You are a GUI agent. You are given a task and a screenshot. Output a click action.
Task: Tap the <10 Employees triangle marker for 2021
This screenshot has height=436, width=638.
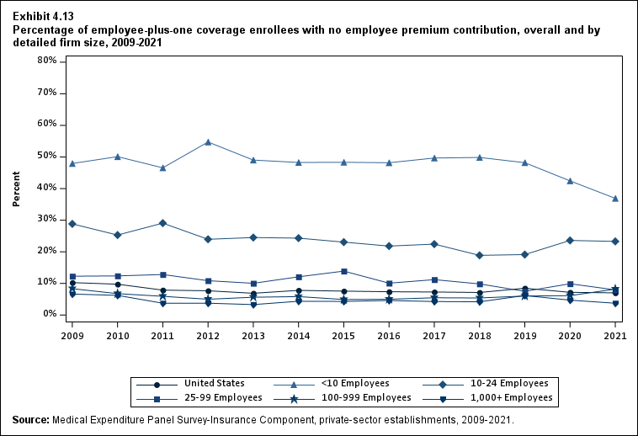615,199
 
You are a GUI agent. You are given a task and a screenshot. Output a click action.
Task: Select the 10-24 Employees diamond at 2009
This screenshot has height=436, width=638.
72,224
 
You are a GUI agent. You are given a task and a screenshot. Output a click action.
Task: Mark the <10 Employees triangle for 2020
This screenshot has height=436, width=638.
571,181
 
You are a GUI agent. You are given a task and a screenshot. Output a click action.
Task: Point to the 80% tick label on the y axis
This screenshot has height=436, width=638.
46,61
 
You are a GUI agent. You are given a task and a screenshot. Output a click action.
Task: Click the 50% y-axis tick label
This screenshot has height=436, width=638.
46,156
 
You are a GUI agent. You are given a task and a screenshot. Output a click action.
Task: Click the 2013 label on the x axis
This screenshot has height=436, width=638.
253,336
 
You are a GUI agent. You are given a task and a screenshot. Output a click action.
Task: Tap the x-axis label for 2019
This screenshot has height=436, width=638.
525,336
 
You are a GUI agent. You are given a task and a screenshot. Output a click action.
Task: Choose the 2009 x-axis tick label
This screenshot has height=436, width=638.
72,336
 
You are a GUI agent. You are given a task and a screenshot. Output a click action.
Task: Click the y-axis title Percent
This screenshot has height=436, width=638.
16,189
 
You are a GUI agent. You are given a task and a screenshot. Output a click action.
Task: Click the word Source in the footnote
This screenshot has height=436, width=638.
29,419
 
